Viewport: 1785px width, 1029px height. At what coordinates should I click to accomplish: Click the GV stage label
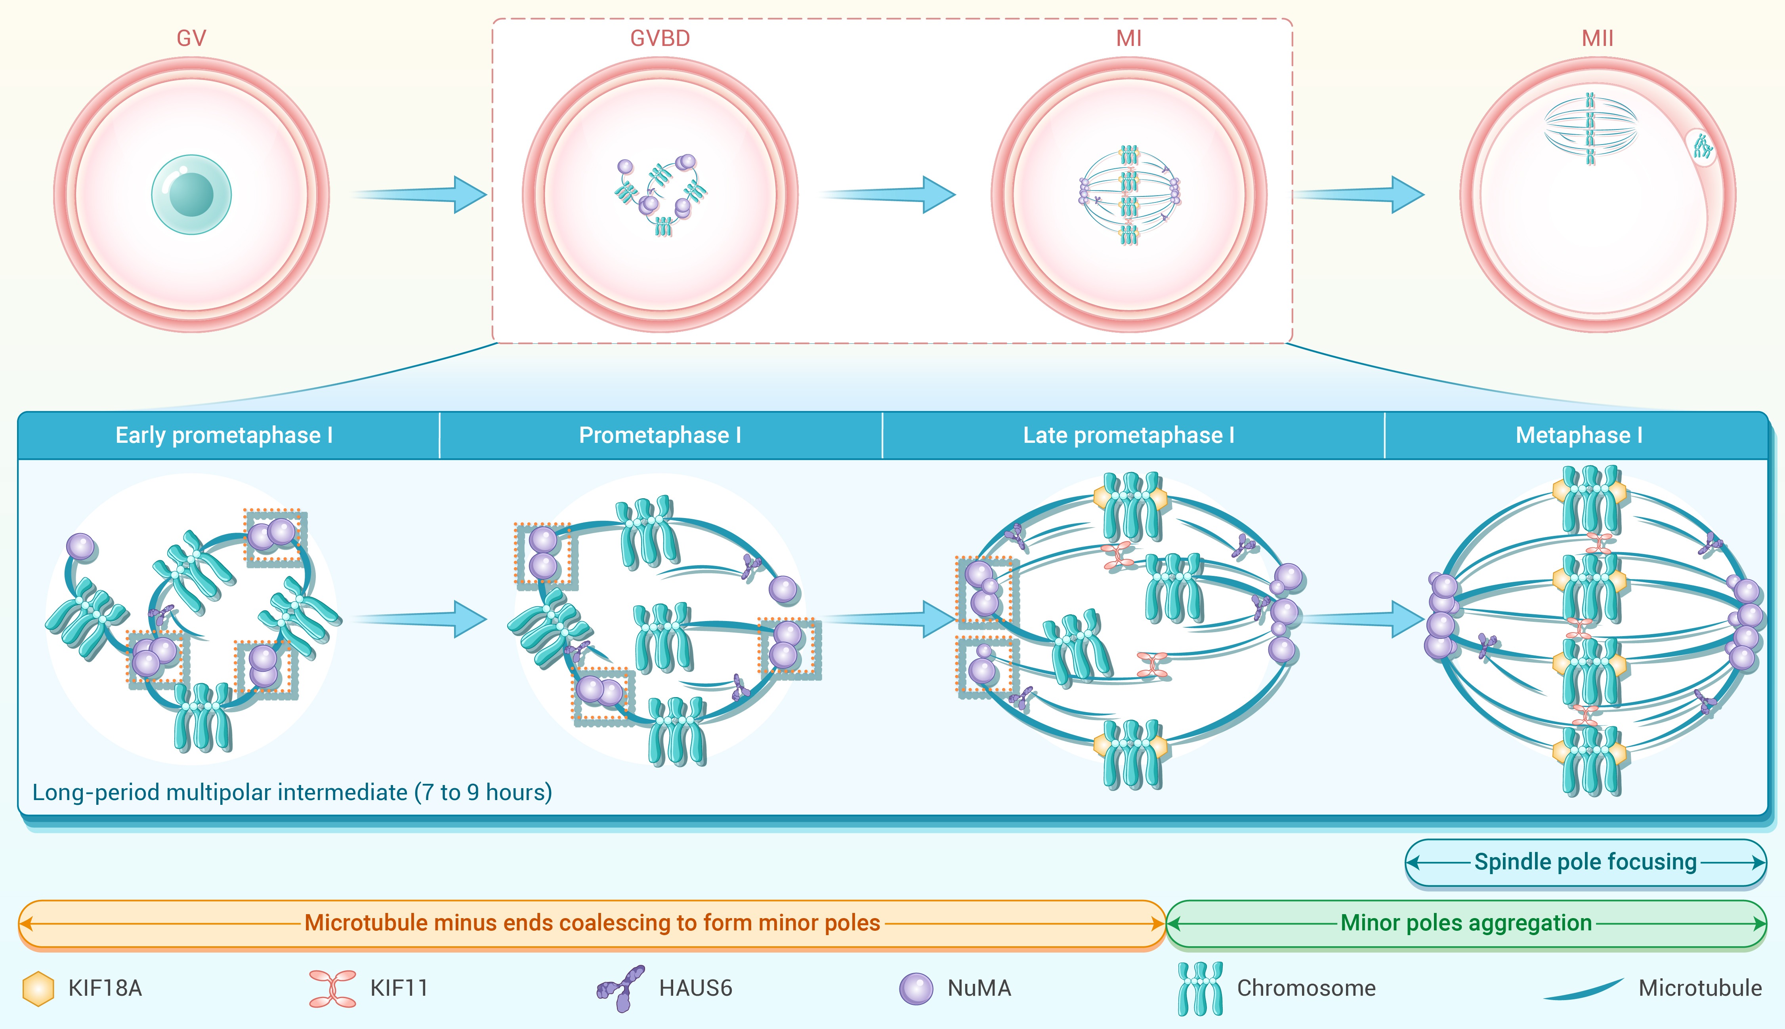tap(191, 38)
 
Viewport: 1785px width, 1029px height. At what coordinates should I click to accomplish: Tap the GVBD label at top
tap(660, 38)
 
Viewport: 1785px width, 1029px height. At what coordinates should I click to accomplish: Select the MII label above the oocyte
tap(1597, 38)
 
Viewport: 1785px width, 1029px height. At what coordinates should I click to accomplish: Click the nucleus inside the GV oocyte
tap(191, 194)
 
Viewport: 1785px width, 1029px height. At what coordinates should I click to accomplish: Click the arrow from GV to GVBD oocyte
tap(421, 194)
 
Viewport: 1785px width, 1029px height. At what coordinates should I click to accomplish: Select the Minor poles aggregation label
tap(1466, 923)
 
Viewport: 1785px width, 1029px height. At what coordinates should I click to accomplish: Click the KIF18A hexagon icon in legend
tap(38, 988)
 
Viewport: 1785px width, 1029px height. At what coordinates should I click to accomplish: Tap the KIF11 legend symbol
tap(332, 988)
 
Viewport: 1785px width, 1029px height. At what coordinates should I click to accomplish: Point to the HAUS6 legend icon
tap(620, 988)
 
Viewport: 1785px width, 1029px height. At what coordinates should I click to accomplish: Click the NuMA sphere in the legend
tap(916, 988)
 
